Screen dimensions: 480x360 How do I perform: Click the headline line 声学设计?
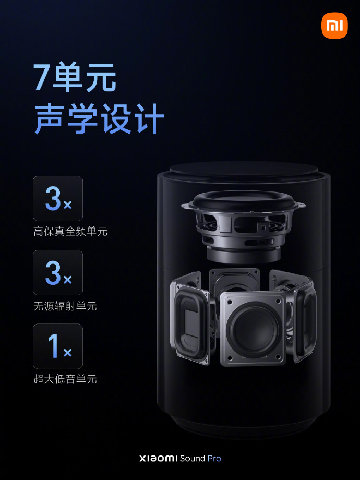(99, 119)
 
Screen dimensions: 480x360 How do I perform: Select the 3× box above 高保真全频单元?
(58, 198)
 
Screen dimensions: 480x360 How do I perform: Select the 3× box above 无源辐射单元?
(58, 272)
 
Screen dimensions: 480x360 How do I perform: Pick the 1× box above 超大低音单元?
(58, 346)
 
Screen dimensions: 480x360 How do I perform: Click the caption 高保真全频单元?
(70, 231)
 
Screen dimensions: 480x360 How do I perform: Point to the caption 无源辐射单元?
(65, 306)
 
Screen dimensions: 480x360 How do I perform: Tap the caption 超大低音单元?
(65, 379)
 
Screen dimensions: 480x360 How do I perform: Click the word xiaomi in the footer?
(159, 459)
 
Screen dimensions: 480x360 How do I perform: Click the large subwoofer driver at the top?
(244, 214)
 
